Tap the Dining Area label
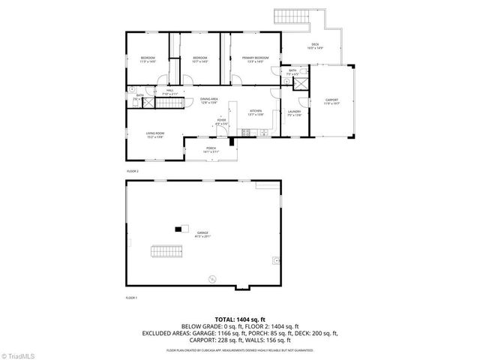tap(208, 100)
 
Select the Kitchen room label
tap(256, 112)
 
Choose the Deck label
tap(315, 46)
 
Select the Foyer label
tap(222, 120)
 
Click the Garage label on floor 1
tap(202, 235)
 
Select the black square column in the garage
tap(178, 228)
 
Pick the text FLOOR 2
tap(133, 171)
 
